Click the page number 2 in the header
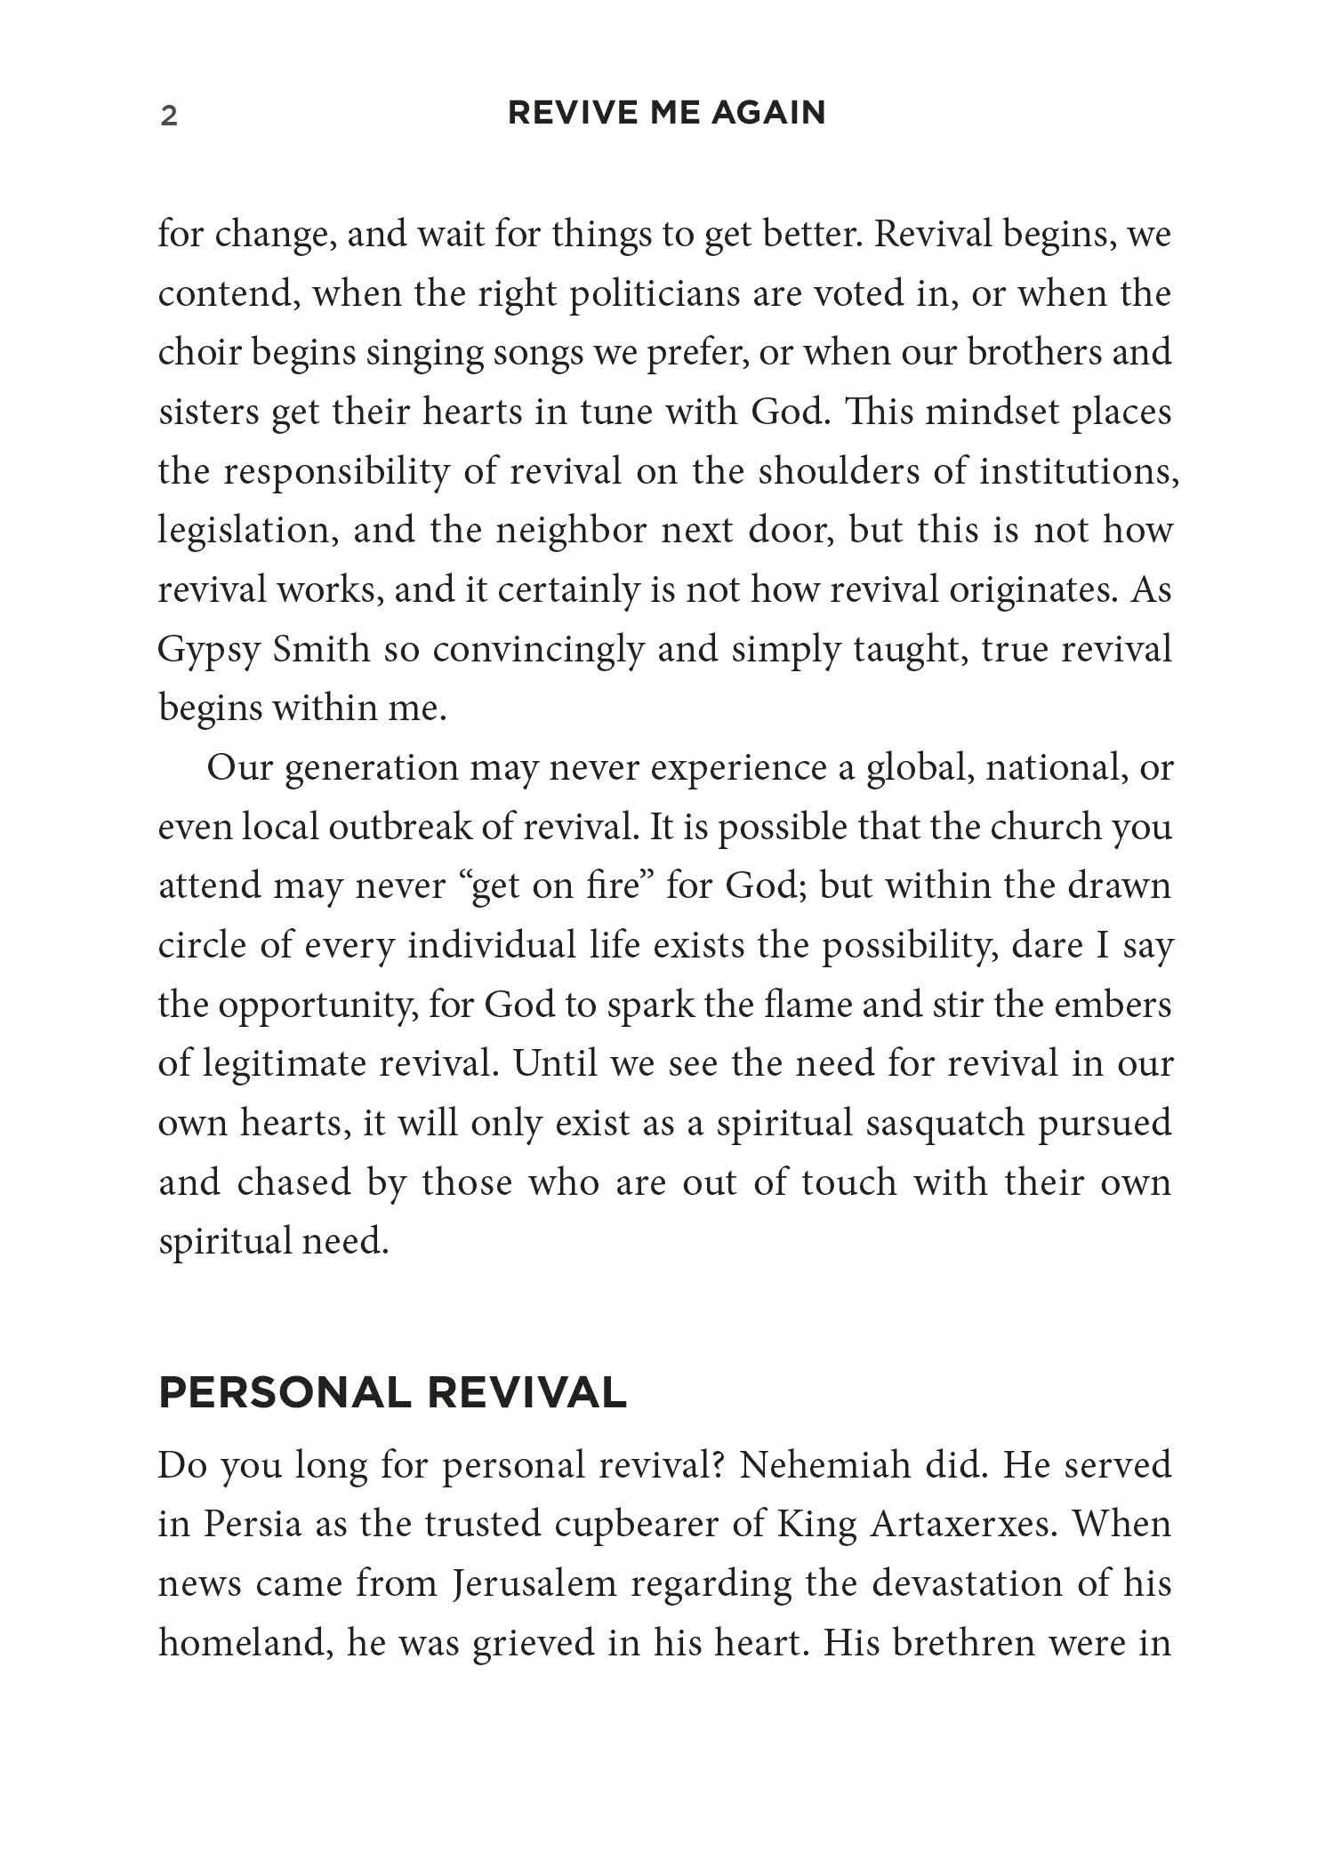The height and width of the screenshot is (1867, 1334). point(169,116)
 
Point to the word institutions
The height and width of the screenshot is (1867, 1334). point(1079,471)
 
